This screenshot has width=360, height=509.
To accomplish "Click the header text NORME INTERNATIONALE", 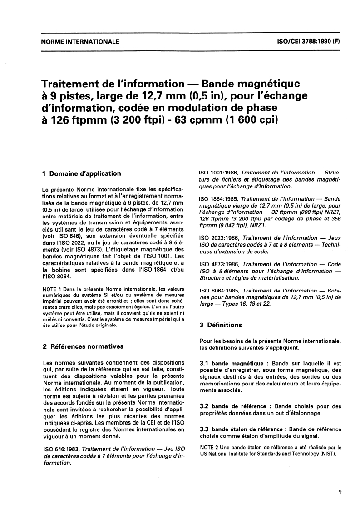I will tap(80, 42).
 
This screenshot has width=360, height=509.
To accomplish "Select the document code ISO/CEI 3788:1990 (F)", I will tap(308, 42).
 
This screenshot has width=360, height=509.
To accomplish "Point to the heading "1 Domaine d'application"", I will tap(81, 173).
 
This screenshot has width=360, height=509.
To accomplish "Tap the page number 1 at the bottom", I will tap(340, 492).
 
